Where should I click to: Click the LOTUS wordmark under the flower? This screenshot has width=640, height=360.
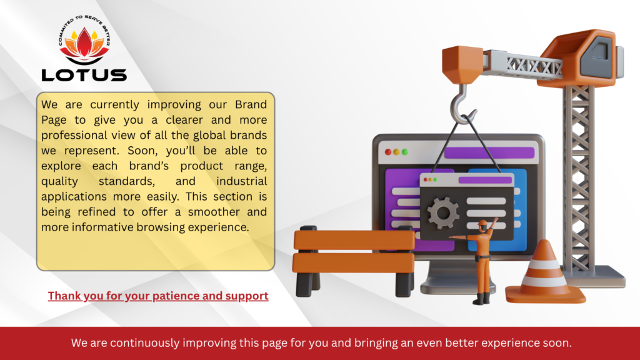pyautogui.click(x=84, y=75)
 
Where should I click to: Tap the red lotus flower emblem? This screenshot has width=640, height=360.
pyautogui.click(x=84, y=44)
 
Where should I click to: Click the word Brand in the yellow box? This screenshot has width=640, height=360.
pyautogui.click(x=251, y=104)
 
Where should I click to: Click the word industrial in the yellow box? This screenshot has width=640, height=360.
pyautogui.click(x=242, y=181)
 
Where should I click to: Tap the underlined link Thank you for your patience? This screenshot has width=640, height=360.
pyautogui.click(x=158, y=296)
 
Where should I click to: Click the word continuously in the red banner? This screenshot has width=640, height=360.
pyautogui.click(x=144, y=343)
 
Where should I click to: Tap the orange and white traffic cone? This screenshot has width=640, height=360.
pyautogui.click(x=545, y=274)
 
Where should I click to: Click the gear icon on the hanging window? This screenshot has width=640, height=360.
pyautogui.click(x=443, y=212)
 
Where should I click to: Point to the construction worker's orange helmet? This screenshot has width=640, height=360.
pyautogui.click(x=483, y=223)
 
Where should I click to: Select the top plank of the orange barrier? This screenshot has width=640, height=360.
pyautogui.click(x=354, y=239)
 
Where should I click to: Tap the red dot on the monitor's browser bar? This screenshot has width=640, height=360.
pyautogui.click(x=388, y=152)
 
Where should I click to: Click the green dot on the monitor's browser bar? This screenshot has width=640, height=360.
pyautogui.click(x=405, y=152)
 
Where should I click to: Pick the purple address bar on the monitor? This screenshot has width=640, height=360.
pyautogui.click(x=489, y=152)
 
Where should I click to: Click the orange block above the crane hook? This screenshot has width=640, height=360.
pyautogui.click(x=462, y=64)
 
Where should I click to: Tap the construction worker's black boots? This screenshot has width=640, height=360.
pyautogui.click(x=481, y=299)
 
